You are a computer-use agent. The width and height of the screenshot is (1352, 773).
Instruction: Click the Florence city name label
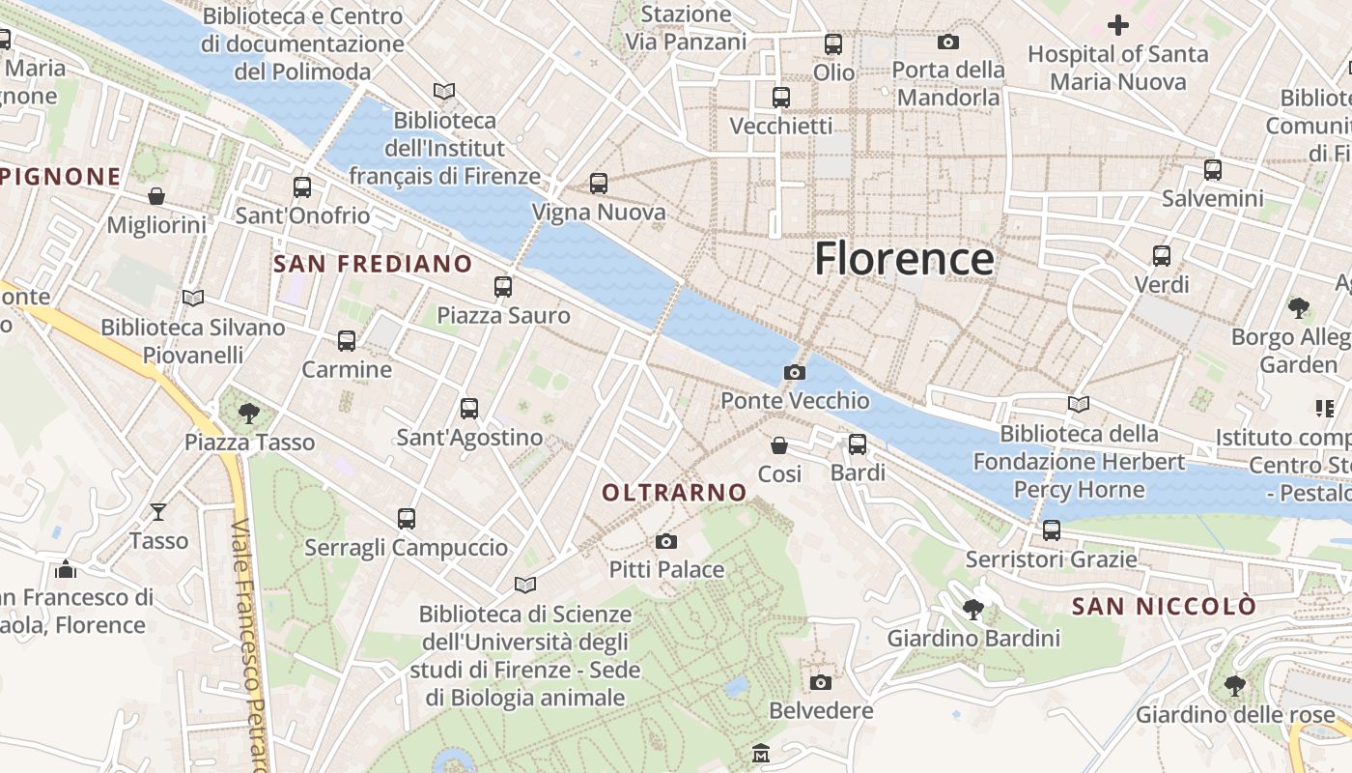[904, 259]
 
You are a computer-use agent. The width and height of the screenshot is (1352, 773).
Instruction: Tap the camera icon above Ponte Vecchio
[794, 372]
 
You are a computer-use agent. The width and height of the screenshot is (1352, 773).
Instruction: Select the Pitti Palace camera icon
[665, 541]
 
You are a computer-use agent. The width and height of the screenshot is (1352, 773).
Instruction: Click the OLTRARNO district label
[674, 493]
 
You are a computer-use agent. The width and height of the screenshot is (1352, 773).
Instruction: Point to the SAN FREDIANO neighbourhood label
[373, 264]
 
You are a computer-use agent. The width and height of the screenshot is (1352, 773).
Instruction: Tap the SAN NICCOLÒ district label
[1164, 607]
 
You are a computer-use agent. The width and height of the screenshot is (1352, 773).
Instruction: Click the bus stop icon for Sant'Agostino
[469, 409]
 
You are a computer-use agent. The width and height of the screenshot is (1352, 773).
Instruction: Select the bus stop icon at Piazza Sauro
[502, 287]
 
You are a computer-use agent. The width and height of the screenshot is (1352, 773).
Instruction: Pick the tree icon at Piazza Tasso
[249, 414]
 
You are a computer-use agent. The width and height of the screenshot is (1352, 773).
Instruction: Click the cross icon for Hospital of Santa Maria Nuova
[1117, 25]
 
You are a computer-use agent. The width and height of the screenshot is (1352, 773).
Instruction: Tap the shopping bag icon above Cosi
[779, 445]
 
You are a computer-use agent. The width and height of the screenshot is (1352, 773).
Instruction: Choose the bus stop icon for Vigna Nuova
[599, 184]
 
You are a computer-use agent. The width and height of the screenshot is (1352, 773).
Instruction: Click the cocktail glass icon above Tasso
[158, 511]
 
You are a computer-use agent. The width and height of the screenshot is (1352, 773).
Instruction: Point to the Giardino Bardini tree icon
[972, 610]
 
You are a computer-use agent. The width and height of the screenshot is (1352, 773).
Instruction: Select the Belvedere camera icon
[820, 683]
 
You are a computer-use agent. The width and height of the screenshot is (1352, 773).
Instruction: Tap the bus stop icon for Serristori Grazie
[1051, 530]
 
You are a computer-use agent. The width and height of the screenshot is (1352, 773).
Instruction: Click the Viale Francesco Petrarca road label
[249, 647]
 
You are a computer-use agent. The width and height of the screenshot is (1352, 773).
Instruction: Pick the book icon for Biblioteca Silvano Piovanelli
[193, 298]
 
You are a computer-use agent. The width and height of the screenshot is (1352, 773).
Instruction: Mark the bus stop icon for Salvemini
[1212, 170]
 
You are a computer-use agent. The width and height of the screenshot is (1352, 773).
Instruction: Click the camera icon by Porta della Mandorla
[948, 42]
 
